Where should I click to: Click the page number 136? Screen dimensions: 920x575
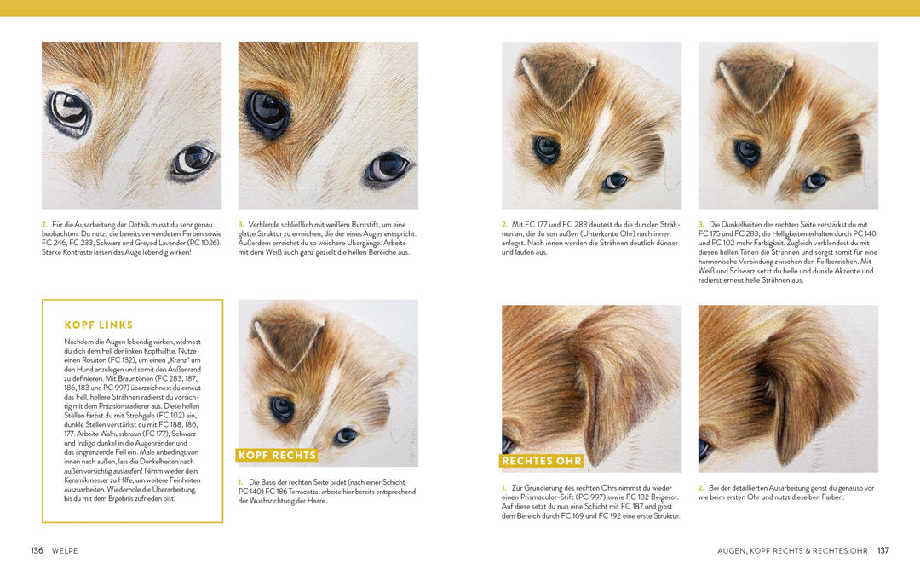click(37, 550)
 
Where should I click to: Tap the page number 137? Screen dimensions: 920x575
click(883, 550)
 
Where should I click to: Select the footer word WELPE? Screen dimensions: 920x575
click(65, 550)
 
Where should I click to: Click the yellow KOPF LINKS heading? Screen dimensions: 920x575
click(99, 325)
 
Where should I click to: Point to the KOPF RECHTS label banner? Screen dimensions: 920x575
click(277, 455)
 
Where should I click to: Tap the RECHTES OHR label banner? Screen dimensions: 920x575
click(542, 461)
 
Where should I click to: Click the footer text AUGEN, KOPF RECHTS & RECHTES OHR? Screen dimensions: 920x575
click(792, 550)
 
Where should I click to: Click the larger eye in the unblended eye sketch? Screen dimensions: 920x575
click(69, 113)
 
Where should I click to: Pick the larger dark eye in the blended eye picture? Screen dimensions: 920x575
click(267, 113)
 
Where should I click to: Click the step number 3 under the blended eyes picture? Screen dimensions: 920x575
click(241, 224)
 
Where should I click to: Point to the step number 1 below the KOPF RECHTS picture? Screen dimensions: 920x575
click(240, 482)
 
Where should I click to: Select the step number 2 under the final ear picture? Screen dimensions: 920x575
click(701, 487)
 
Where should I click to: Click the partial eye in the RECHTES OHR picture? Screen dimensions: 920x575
click(507, 443)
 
